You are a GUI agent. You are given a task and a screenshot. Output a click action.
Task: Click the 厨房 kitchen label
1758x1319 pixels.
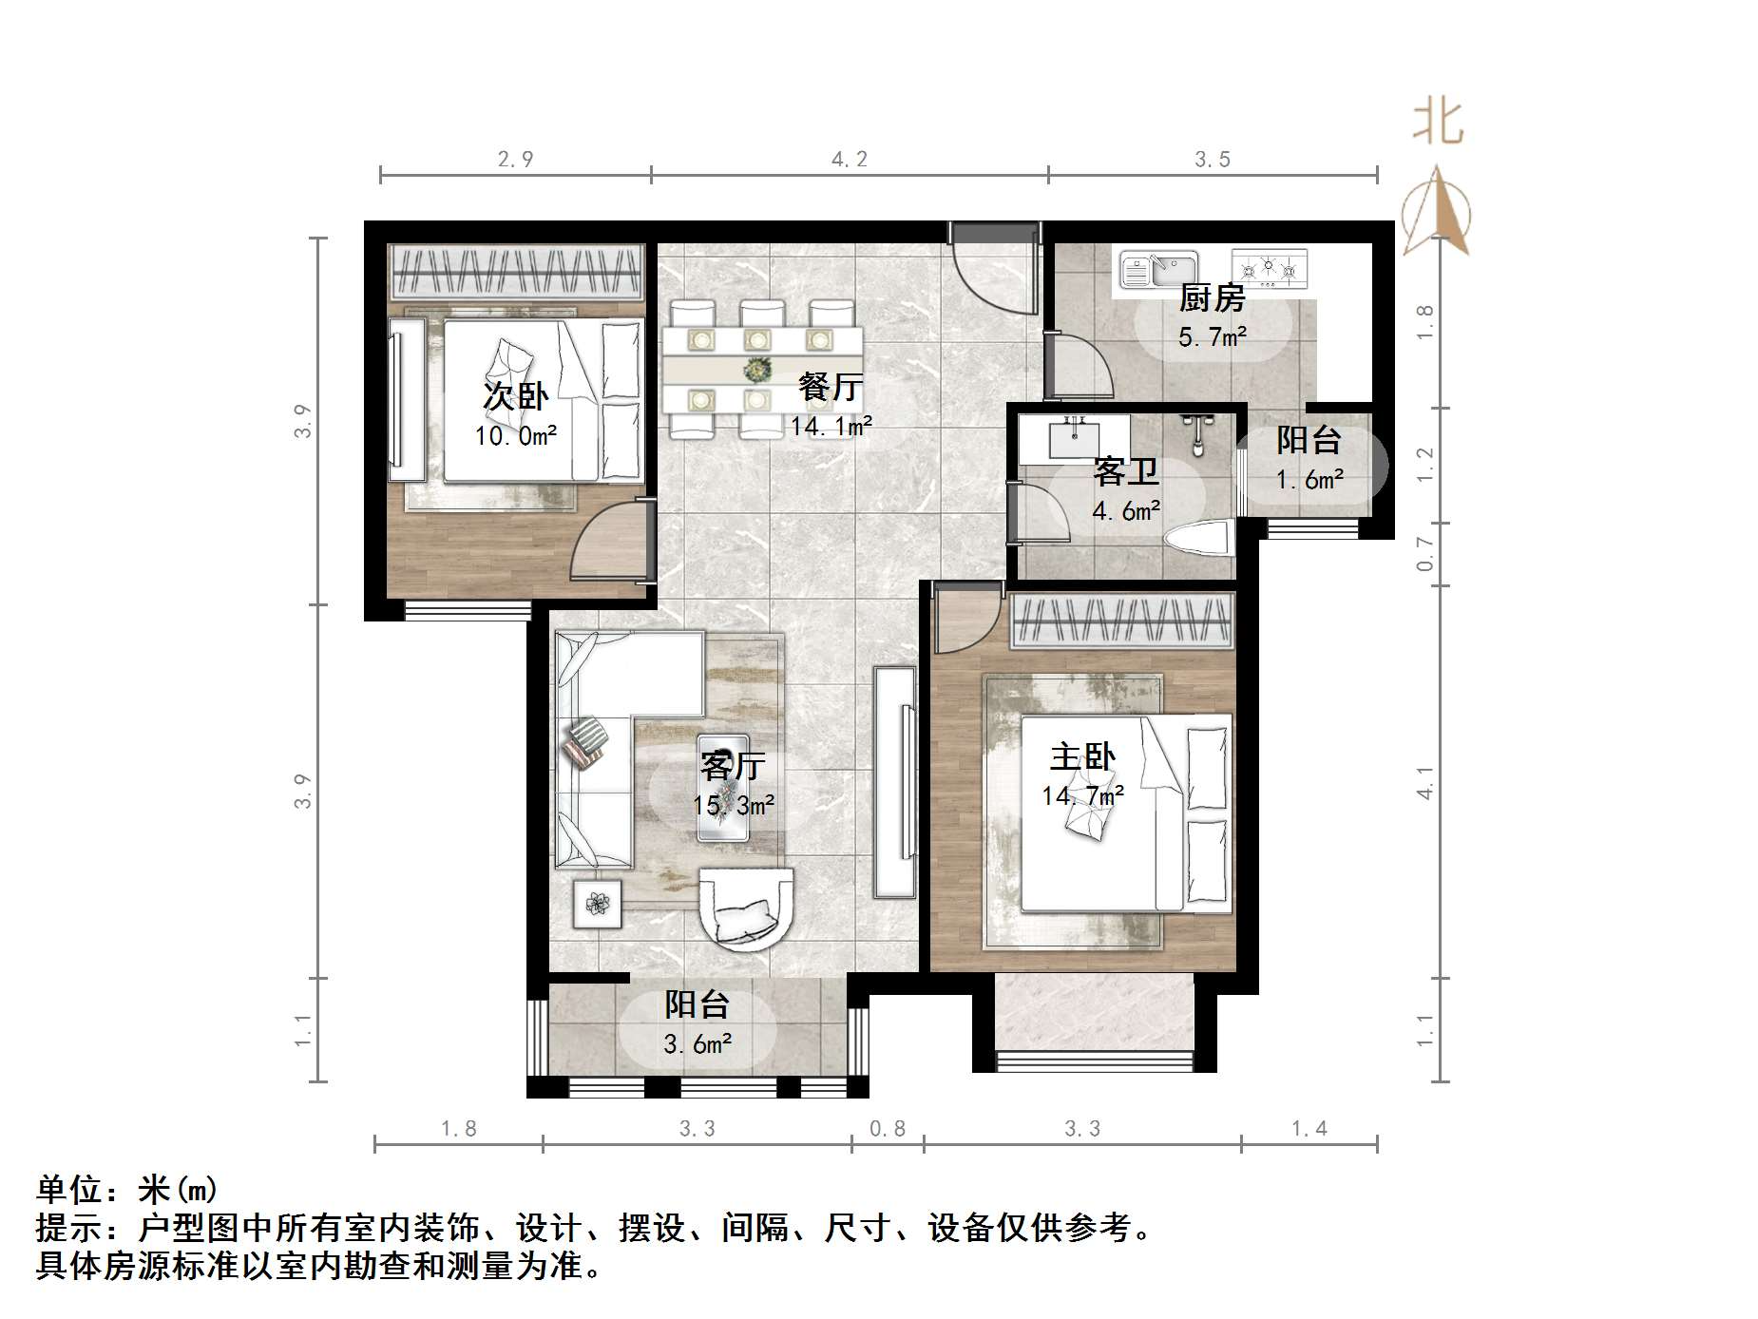[1212, 298]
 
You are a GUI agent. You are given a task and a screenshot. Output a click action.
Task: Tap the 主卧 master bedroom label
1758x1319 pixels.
[1082, 757]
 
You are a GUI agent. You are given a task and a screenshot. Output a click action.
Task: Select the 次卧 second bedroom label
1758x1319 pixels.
[515, 395]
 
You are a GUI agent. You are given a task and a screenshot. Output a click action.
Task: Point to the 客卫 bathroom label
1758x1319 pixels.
[1126, 471]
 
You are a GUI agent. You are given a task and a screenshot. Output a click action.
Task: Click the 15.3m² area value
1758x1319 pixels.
[734, 806]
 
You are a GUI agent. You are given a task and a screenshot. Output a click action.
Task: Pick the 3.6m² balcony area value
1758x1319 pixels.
[697, 1044]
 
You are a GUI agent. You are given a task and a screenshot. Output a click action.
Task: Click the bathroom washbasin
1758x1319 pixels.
[1074, 439]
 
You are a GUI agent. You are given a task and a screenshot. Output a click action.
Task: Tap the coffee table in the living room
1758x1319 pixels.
[723, 787]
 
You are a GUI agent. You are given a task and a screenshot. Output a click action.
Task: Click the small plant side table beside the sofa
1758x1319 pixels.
[597, 903]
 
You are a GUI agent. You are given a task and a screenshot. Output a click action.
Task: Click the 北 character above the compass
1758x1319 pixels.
[1438, 124]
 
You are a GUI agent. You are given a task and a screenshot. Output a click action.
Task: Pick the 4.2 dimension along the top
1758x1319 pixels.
[850, 159]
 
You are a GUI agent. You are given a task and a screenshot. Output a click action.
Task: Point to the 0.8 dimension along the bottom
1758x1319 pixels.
[888, 1128]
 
